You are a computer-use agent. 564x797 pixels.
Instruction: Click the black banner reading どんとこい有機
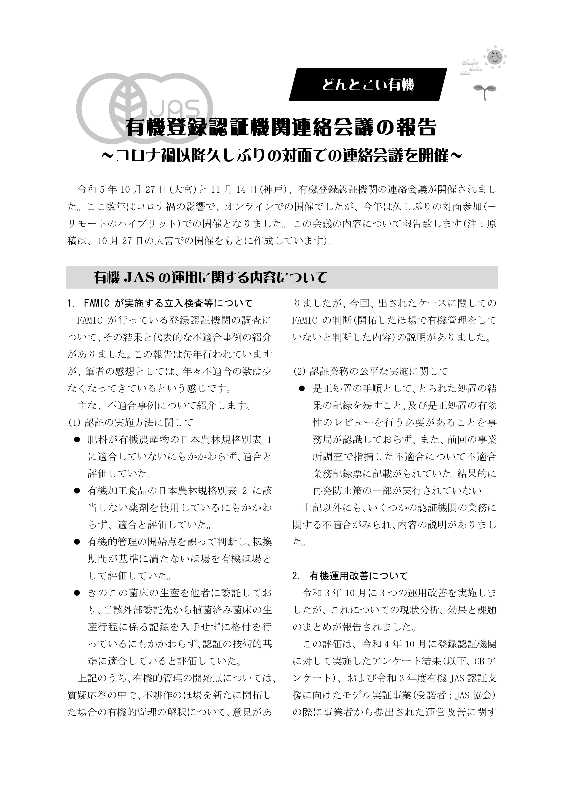point(368,85)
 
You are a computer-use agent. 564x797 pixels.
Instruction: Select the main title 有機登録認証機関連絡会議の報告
point(281,128)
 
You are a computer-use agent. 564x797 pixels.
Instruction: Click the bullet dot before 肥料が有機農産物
point(77,440)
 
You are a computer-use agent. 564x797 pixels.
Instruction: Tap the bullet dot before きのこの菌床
point(77,593)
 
